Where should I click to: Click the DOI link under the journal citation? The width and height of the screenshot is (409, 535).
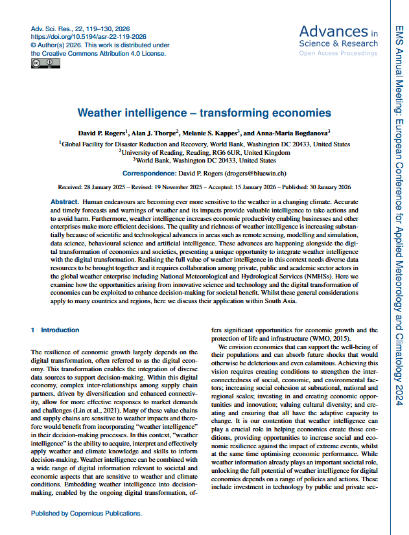coord(88,38)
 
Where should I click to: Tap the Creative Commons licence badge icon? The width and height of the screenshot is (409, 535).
coord(45,63)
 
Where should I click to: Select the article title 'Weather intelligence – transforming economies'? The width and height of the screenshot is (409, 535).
coord(204,112)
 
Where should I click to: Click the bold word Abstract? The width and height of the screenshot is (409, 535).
coord(65,203)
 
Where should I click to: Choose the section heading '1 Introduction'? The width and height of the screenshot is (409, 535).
coord(55,330)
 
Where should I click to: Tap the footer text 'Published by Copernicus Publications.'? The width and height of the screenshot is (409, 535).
coord(86,514)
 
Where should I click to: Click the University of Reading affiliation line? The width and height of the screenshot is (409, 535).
coord(204,152)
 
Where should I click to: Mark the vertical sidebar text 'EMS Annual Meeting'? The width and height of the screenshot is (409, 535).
coord(398,55)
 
